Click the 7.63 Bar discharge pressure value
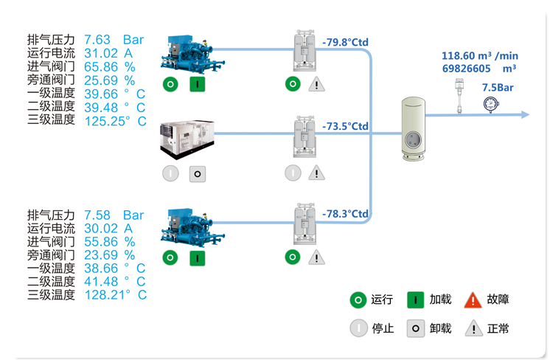[114, 40]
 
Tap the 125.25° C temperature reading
[115, 120]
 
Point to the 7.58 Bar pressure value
[114, 215]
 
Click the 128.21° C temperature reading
[115, 295]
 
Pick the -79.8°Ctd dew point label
[345, 42]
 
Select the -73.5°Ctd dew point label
[345, 126]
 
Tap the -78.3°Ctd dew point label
[345, 213]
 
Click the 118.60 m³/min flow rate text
[480, 55]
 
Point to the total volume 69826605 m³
[478, 68]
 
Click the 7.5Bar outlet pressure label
[497, 87]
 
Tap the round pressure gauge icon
[490, 104]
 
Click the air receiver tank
[414, 129]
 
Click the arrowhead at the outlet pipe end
[524, 114]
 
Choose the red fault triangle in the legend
[473, 300]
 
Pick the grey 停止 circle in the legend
[358, 328]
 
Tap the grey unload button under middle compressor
[197, 173]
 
